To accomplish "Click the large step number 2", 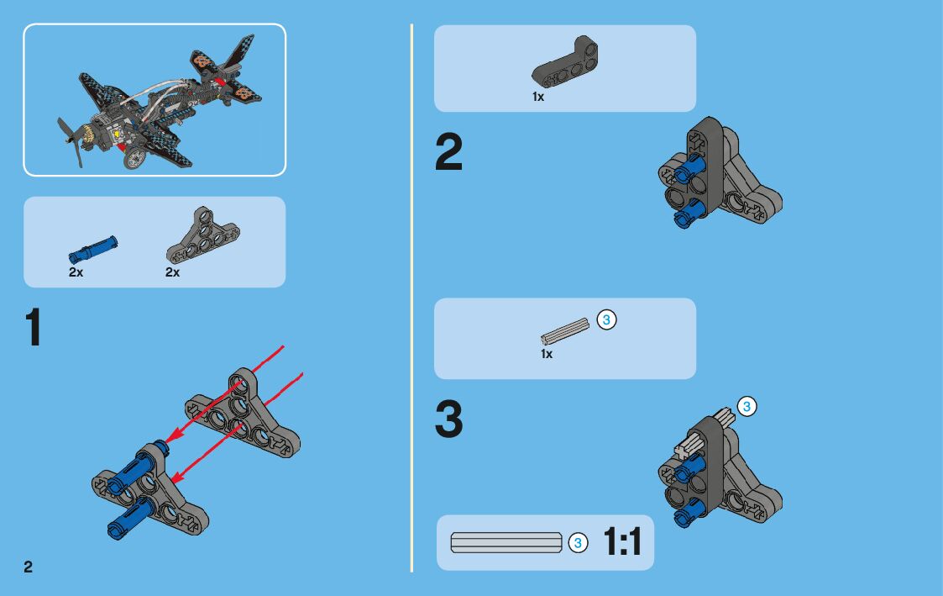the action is [448, 154].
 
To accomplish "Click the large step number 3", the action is [448, 419].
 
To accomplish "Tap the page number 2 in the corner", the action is [29, 567].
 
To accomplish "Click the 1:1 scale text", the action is [622, 543].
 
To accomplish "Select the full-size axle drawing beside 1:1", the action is [506, 542].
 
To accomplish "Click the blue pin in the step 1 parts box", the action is [92, 250].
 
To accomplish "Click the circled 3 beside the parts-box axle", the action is [606, 319].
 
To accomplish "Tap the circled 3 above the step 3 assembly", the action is [747, 407].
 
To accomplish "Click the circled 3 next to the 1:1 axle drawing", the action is [577, 543].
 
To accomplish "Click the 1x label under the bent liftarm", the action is [538, 97].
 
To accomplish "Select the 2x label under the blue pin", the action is [76, 273].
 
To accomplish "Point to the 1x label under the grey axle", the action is [547, 354].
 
